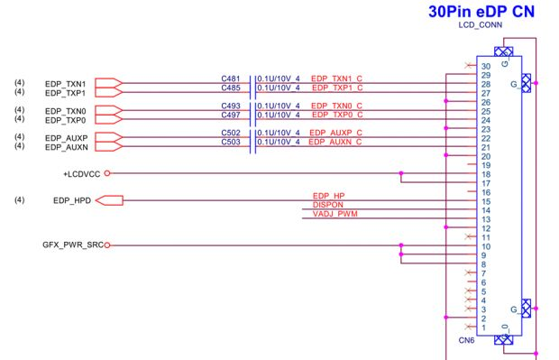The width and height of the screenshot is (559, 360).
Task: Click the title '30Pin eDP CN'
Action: (480, 13)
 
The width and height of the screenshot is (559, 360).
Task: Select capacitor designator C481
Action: (231, 79)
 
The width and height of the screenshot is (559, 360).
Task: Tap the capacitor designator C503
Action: (231, 143)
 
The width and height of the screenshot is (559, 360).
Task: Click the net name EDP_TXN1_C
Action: (335, 79)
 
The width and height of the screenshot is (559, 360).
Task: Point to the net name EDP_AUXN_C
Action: (335, 143)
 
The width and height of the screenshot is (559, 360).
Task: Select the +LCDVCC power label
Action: (81, 173)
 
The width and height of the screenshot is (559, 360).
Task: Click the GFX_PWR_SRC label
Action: (72, 245)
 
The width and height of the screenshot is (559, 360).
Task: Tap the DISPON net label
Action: (316, 205)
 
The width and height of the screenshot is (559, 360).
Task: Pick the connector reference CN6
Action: (466, 340)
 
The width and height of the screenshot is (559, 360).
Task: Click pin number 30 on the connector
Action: (486, 66)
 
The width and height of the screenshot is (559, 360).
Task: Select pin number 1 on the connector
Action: (484, 328)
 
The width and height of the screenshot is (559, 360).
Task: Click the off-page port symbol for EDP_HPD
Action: (108, 200)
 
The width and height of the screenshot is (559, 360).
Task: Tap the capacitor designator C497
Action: (231, 115)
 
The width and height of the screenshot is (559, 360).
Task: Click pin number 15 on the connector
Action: (486, 201)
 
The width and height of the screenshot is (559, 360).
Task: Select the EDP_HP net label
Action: (328, 196)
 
